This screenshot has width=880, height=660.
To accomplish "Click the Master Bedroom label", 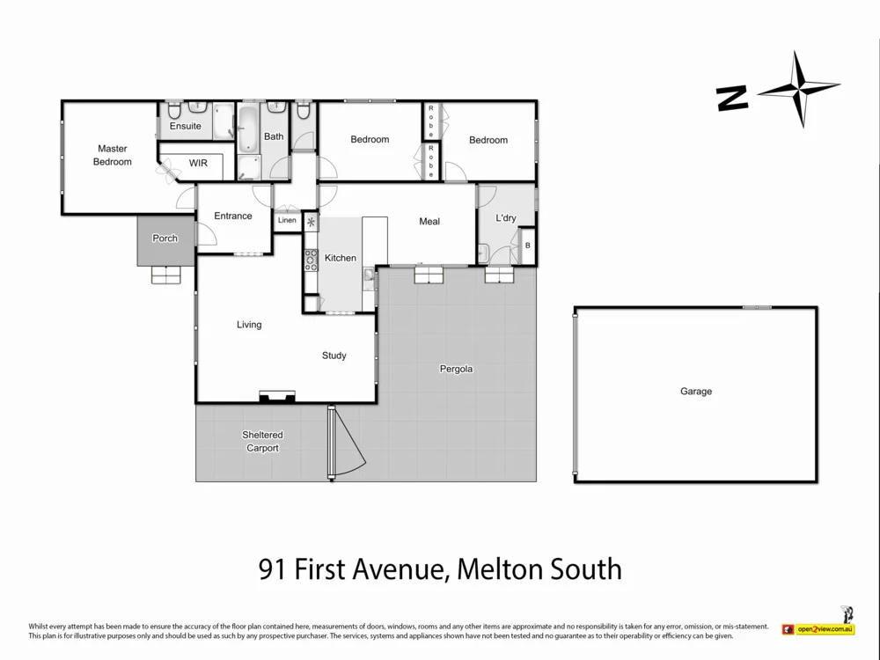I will (113, 155).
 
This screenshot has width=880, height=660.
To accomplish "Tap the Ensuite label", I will (185, 126).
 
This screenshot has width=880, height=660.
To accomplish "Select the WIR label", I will (198, 164).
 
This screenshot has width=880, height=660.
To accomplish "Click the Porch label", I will (165, 238).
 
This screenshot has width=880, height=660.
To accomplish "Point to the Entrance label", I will (233, 216).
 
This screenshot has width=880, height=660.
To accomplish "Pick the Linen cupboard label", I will (287, 220).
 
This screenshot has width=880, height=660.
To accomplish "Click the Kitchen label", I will (341, 258).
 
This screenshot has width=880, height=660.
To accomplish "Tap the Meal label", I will (429, 221).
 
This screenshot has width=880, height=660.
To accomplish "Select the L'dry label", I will (506, 218).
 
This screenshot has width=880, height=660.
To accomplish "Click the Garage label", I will (696, 392).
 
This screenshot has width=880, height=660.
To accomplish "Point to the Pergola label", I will (456, 369).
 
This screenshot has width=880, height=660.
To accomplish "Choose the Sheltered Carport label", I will (262, 441).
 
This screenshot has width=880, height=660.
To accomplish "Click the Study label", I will (334, 356).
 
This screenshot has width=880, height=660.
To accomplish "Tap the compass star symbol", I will (800, 89).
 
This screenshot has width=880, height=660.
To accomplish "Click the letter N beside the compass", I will (732, 98).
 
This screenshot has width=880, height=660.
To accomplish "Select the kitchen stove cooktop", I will (311, 258).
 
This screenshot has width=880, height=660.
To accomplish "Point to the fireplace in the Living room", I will (276, 396).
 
